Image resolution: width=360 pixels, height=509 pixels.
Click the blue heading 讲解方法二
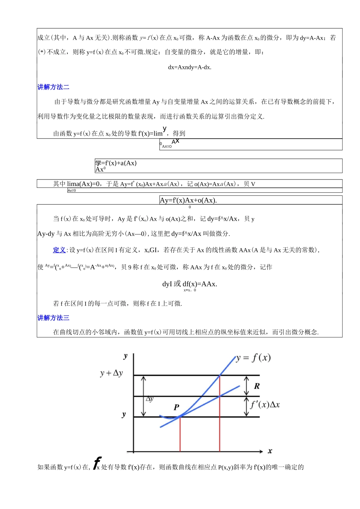(x=53, y=87)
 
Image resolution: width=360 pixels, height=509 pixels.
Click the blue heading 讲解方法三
(x=53, y=318)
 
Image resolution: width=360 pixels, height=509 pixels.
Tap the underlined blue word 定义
(x=59, y=250)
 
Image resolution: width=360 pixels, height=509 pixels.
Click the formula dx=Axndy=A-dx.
(x=189, y=67)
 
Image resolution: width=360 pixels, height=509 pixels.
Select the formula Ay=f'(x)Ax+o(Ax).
(x=188, y=200)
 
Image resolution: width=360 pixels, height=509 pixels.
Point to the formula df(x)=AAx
(x=200, y=284)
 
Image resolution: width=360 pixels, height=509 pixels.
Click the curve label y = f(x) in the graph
(x=253, y=358)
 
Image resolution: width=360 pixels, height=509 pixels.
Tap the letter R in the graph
(x=257, y=386)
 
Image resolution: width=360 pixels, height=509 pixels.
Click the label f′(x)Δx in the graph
(x=265, y=404)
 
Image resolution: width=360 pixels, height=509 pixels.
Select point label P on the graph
(x=176, y=408)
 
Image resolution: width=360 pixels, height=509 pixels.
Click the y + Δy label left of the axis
(x=111, y=373)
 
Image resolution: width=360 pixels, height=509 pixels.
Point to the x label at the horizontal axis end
(x=270, y=451)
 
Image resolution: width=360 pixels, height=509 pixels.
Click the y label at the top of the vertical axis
(x=126, y=356)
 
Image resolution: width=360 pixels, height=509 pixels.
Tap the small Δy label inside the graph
(x=150, y=399)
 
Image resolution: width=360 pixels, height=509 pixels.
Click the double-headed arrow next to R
(x=246, y=386)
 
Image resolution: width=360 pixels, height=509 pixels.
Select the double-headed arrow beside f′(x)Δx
(x=246, y=407)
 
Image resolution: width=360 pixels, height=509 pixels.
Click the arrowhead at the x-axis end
(x=261, y=451)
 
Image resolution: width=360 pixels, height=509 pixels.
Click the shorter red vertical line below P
(x=180, y=435)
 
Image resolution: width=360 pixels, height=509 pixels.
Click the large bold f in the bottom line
(x=97, y=462)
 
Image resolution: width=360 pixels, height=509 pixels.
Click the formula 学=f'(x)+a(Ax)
(x=116, y=163)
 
